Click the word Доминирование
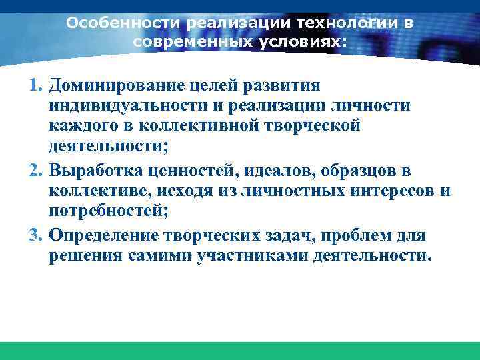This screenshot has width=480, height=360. pos(117,86)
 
